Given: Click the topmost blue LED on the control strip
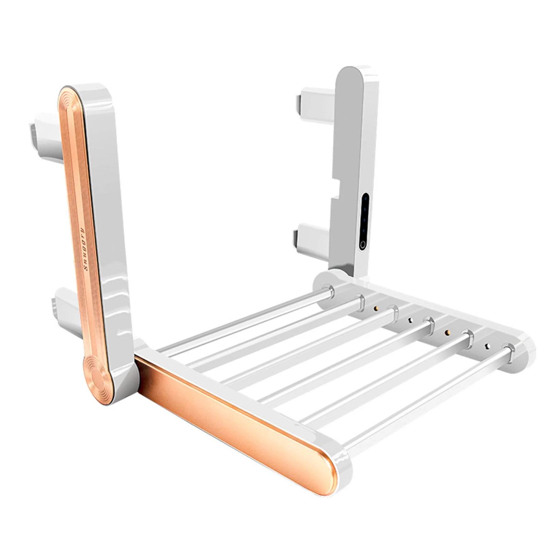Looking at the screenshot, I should point(365,198).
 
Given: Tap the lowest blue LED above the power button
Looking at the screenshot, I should point(363,230).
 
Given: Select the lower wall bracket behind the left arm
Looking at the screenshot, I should point(67,307).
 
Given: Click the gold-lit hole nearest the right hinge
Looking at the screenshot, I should point(376,308).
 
